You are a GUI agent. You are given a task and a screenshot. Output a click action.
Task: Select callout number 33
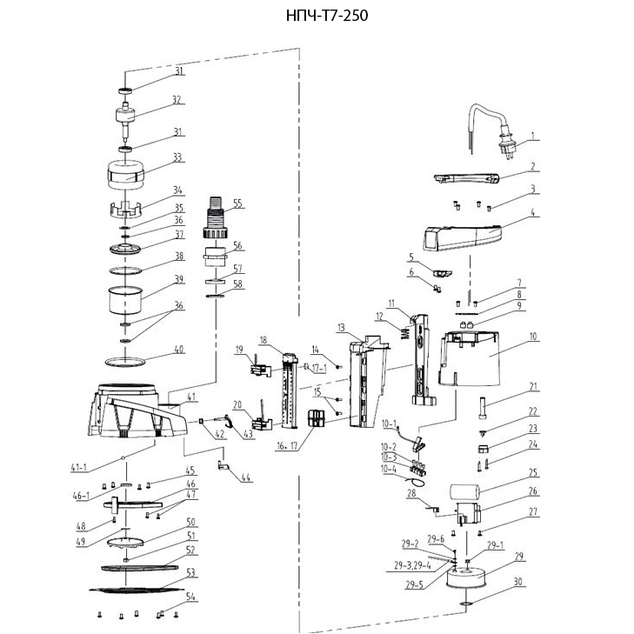pyautogui.click(x=177, y=158)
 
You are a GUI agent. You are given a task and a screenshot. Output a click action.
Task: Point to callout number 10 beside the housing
pyautogui.click(x=533, y=335)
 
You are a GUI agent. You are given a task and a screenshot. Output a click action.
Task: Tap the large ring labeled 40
pyautogui.click(x=125, y=359)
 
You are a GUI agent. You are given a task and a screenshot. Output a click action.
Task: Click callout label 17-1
pyautogui.click(x=317, y=368)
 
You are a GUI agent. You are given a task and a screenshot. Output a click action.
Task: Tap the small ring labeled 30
pyautogui.click(x=466, y=601)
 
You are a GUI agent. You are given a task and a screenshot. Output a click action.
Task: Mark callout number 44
pyautogui.click(x=248, y=477)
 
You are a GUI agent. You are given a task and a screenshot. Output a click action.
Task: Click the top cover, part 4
pyautogui.click(x=461, y=236)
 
